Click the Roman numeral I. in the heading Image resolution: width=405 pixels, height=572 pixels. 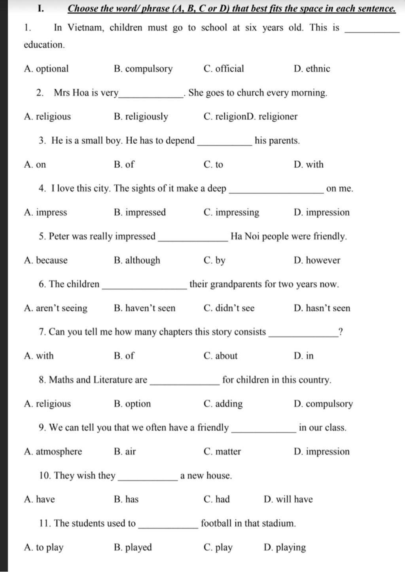click(41, 8)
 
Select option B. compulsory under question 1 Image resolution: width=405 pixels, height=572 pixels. click(143, 69)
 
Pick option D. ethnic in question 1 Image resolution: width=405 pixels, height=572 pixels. click(312, 69)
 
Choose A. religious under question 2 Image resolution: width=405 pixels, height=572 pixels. click(47, 117)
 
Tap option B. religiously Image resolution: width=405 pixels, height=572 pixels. click(141, 117)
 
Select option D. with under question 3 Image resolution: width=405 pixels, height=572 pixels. click(308, 165)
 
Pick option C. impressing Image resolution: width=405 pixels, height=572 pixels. click(231, 213)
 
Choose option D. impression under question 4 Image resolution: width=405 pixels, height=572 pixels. click(322, 213)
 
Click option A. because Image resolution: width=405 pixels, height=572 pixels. click(45, 260)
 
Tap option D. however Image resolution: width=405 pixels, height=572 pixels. click(317, 260)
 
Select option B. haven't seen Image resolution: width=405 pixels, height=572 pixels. click(144, 308)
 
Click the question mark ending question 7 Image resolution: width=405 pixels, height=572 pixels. click(341, 332)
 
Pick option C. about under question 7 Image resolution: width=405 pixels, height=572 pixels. click(220, 356)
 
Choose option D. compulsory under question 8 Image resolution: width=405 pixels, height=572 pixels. click(323, 404)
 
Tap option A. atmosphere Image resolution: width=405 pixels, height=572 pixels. click(53, 452)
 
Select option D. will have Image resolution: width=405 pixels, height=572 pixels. click(288, 500)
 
